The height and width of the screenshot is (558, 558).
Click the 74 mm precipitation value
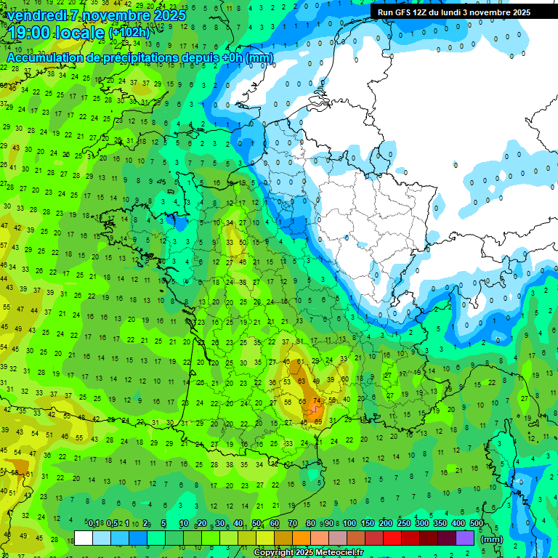(316, 401)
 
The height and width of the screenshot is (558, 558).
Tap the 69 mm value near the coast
(318, 421)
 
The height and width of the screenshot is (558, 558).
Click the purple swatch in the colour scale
(465, 538)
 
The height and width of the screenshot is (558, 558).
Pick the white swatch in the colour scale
(84, 538)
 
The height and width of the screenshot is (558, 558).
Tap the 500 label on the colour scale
(477, 524)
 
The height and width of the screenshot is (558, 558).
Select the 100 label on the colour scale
(349, 524)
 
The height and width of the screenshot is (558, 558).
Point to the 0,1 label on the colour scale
(94, 524)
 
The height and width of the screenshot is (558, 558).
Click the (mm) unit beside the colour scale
(492, 539)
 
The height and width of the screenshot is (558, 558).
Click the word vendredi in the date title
(37, 15)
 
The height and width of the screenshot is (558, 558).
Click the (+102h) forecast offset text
(129, 33)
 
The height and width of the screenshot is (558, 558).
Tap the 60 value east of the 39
(344, 379)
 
